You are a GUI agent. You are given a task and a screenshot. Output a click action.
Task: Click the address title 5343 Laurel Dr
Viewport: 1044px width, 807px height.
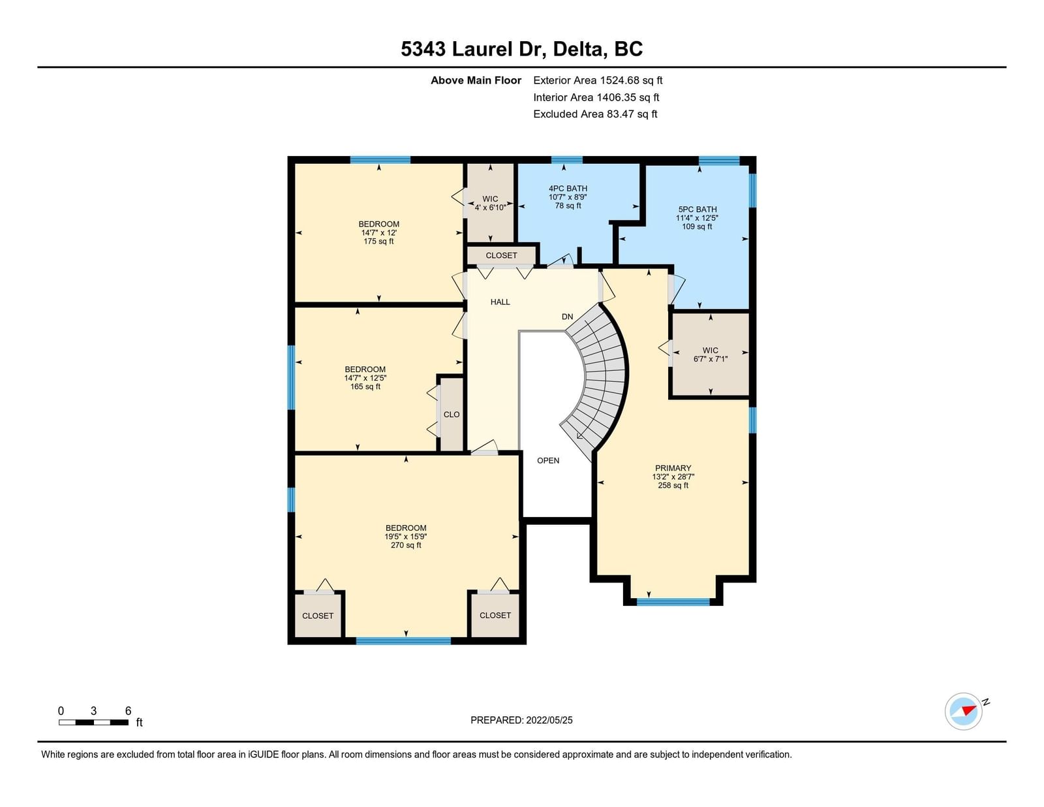pos(474,49)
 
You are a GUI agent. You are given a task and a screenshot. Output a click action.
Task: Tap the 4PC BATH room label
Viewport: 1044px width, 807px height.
pos(568,189)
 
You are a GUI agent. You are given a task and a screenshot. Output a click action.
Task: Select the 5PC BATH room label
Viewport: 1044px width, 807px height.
pos(697,209)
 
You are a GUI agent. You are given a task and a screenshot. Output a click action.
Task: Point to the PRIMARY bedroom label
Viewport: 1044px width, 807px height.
pos(673,468)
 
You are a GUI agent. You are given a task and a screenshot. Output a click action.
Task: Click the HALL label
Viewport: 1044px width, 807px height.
pos(500,302)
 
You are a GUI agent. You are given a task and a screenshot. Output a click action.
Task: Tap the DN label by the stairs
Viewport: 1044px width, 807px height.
pos(568,317)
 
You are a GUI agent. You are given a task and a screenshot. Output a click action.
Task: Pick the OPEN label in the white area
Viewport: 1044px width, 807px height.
pos(548,460)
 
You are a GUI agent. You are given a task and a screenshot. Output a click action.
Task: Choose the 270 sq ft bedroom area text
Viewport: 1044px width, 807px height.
pos(406,545)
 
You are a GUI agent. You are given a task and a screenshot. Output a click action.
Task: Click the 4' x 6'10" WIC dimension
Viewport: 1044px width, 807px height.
pos(490,208)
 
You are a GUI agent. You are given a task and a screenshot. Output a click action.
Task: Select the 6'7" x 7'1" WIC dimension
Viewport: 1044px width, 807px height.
pos(711,359)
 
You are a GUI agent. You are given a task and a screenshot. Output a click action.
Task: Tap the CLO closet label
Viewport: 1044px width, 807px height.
pos(452,415)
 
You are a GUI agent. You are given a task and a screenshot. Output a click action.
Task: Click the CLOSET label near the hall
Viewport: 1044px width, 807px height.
pos(501,256)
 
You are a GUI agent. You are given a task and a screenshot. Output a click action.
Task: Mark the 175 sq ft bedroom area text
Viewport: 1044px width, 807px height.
pos(378,242)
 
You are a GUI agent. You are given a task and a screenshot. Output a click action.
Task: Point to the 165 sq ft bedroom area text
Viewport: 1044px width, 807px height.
pos(365,387)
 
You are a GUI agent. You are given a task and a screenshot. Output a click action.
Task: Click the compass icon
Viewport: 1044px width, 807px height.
pos(963,711)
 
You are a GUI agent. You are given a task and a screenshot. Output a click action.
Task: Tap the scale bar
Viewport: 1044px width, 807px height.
pos(94,722)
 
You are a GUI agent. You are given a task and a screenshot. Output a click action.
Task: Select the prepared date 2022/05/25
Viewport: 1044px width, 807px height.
pos(549,720)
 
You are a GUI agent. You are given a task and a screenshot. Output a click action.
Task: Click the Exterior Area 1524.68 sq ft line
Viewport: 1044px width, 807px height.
pos(598,80)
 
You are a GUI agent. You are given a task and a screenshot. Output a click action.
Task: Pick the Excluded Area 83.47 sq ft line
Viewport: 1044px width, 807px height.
pos(595,114)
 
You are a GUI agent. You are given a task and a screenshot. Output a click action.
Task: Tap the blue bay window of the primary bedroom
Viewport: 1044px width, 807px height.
pos(673,602)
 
